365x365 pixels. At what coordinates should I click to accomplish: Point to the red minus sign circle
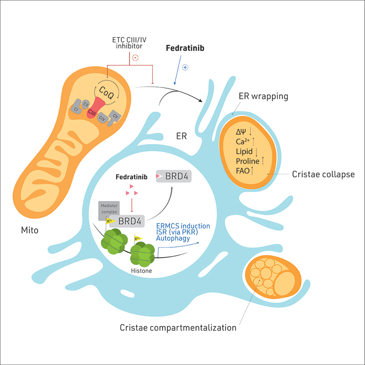tap(135, 58)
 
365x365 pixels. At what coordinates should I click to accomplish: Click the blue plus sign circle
tap(185, 67)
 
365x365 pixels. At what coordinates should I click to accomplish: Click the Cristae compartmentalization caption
tap(178, 327)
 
